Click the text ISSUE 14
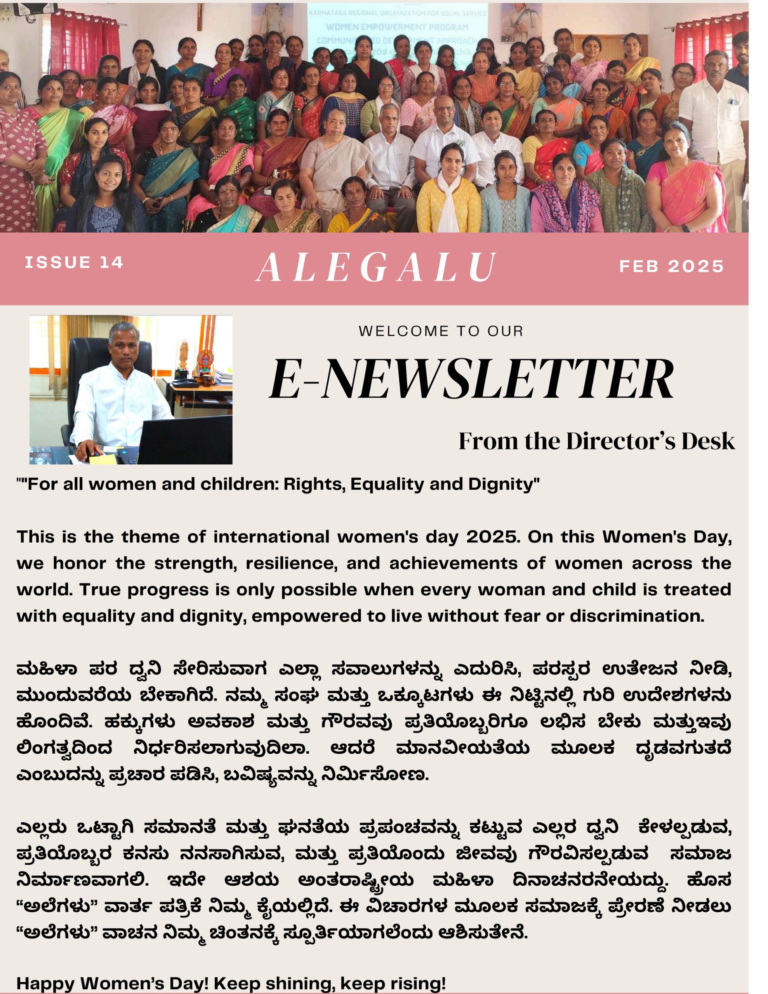point(74,262)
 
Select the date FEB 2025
point(671,266)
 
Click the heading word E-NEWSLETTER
point(471,379)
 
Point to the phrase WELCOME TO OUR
point(441,331)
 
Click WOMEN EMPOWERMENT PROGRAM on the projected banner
point(397,27)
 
